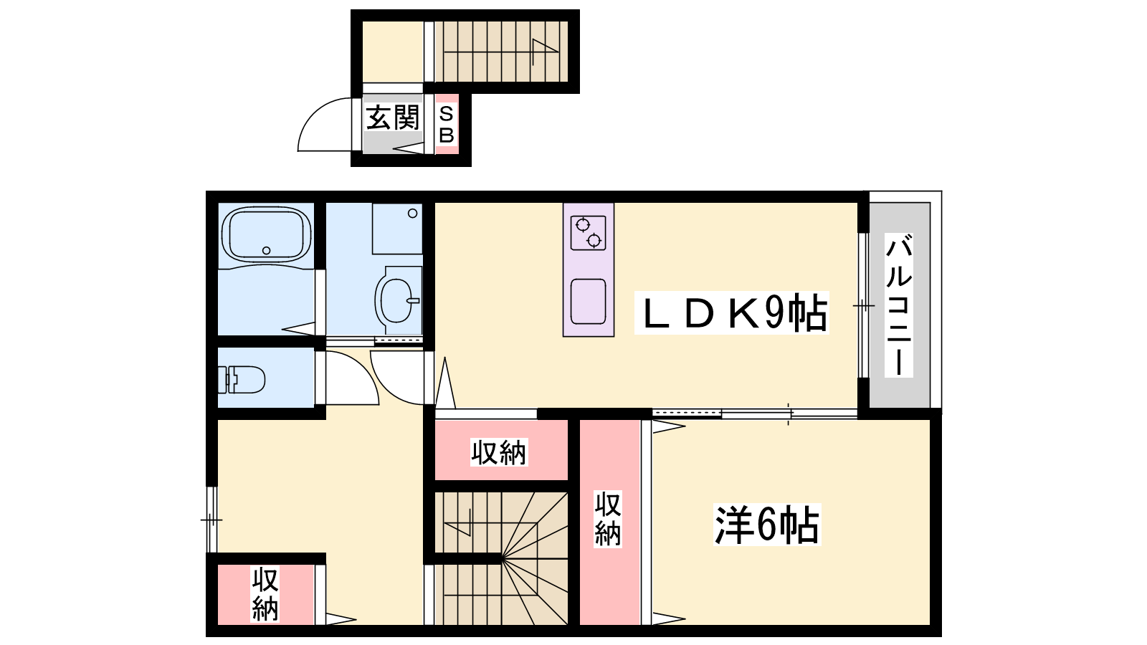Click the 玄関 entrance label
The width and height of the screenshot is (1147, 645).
[393, 118]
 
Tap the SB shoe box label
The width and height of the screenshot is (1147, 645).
[447, 125]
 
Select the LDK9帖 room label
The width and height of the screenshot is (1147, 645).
[732, 312]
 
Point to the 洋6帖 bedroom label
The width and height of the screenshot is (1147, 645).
[766, 524]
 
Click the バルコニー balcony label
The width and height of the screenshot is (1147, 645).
[899, 305]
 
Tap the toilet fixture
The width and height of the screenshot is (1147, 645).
[241, 379]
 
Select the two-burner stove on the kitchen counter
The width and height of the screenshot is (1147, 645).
[589, 233]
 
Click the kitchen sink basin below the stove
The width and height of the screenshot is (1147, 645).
[589, 302]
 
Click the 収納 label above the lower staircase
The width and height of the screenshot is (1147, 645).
[499, 452]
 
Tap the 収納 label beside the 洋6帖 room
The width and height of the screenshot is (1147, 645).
[608, 519]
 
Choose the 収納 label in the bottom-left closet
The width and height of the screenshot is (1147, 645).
[265, 594]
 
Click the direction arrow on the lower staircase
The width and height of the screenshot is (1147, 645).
[457, 522]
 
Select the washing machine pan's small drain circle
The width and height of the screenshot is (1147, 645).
[413, 214]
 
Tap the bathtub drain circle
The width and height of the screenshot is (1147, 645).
[266, 250]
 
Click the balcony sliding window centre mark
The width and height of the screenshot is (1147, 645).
[863, 305]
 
